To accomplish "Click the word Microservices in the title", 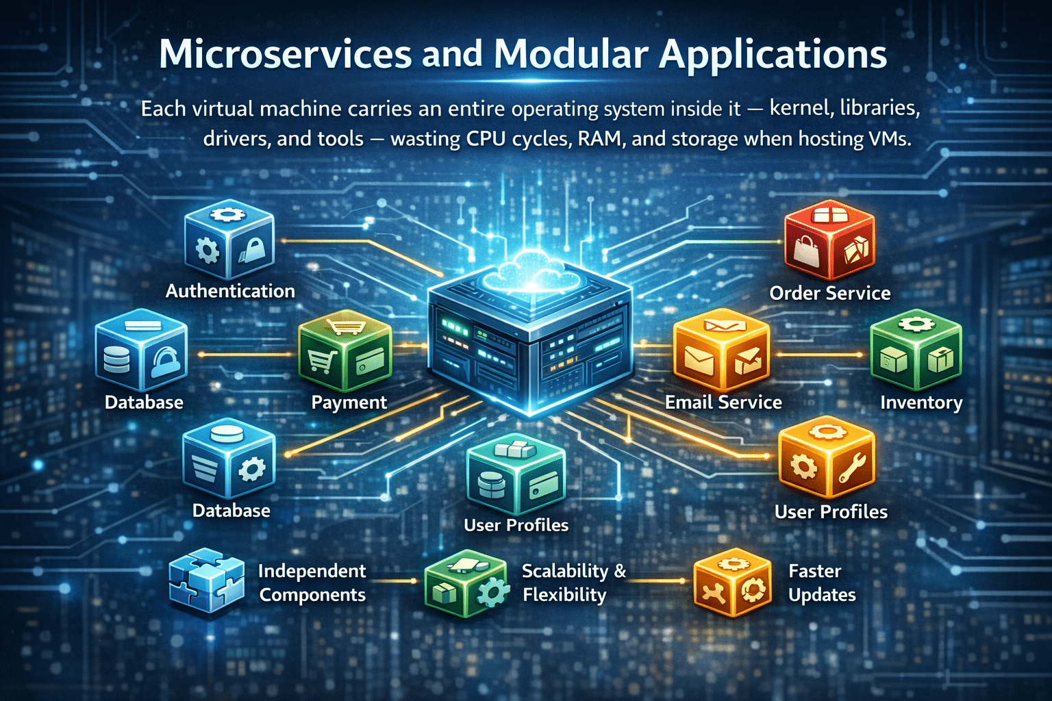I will [285, 55].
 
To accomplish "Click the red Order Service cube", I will [829, 244].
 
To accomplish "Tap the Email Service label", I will [723, 402].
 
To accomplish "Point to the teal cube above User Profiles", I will [516, 475].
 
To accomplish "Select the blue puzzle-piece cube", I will [206, 581].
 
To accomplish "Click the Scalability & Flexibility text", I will [573, 583].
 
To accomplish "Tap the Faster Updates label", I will [821, 583].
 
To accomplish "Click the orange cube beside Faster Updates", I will [732, 583].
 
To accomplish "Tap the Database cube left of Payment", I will [141, 352].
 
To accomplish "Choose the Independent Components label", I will [312, 583].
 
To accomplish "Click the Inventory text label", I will [921, 403].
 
